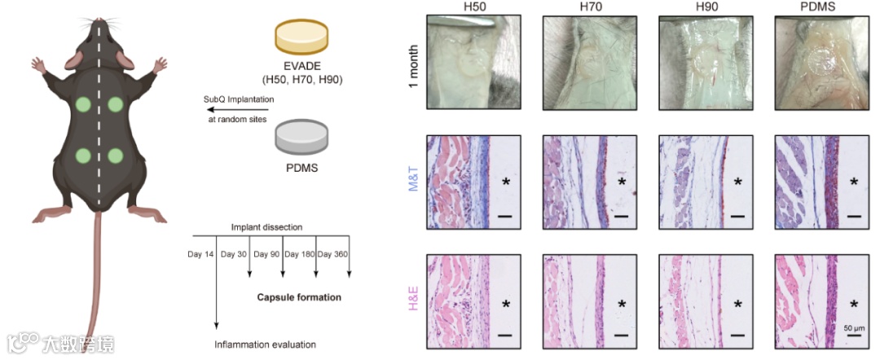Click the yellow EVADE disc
click(301, 39)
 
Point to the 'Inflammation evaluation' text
click(265, 345)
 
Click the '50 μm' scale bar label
click(853, 327)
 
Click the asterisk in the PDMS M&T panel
click(854, 182)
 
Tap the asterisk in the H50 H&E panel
click(506, 305)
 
